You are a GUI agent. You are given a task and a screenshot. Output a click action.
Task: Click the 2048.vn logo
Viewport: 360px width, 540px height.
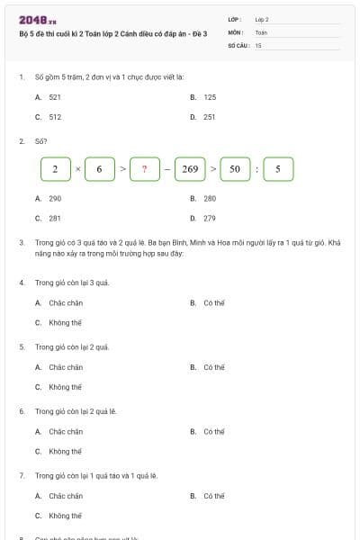point(38,20)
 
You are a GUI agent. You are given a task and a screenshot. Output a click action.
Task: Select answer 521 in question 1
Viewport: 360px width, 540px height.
point(55,96)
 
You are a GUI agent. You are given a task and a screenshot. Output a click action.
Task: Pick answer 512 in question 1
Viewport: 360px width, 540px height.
point(55,116)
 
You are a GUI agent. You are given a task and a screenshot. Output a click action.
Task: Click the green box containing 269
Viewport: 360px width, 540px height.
point(190,168)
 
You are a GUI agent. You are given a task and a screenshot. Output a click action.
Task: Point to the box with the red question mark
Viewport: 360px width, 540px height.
point(144,168)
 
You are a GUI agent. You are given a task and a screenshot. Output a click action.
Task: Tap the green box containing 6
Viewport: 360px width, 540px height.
point(99,168)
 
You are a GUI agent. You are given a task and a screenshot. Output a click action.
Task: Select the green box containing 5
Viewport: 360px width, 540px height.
point(278,168)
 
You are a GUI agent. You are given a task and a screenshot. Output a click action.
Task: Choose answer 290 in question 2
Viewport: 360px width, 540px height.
point(55,198)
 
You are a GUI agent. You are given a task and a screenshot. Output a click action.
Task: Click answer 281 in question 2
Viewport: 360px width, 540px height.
point(55,218)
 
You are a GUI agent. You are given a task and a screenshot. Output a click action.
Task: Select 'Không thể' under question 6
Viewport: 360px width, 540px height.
point(65,451)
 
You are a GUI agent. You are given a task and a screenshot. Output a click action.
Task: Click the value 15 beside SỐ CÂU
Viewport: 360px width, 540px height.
point(258,44)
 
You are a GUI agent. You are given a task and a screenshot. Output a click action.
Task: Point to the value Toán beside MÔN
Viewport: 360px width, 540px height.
point(261,31)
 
